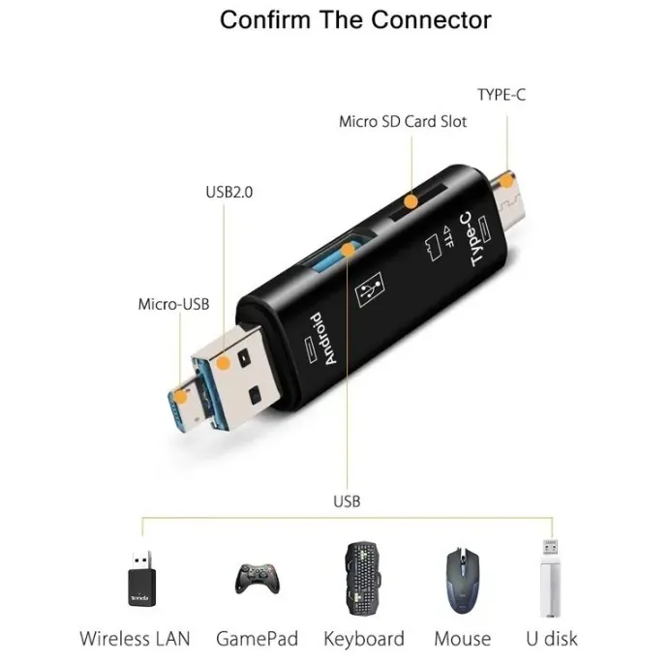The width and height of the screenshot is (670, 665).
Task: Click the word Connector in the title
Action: click(431, 20)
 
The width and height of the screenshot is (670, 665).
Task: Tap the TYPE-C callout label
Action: click(502, 95)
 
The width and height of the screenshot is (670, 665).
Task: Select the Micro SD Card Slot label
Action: click(403, 122)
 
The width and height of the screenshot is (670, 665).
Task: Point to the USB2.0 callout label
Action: click(229, 193)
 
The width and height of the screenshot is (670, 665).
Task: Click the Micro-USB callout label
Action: click(173, 305)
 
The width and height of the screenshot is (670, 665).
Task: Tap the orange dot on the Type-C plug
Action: click(506, 182)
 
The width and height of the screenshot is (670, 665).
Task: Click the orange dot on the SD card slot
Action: click(411, 201)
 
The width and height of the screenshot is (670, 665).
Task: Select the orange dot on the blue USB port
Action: click(349, 250)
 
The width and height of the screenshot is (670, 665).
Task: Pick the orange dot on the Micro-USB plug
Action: click(181, 397)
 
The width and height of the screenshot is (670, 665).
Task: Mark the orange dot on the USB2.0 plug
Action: click(223, 363)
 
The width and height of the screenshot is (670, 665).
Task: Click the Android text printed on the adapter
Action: click(324, 339)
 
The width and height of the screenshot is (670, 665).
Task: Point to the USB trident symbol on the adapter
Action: click(370, 289)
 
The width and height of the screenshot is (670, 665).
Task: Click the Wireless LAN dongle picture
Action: click(142, 578)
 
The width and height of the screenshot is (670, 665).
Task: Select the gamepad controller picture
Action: click(258, 579)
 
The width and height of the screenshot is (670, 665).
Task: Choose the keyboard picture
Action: click(363, 578)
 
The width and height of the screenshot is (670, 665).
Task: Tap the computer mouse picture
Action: click(463, 580)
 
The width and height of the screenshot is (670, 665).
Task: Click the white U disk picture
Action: click(550, 578)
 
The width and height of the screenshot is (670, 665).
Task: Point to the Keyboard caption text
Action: click(364, 640)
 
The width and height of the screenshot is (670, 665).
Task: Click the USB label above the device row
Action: click(347, 501)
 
